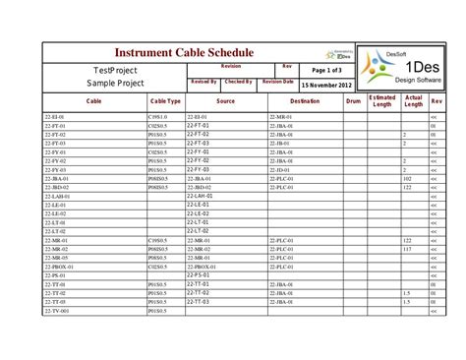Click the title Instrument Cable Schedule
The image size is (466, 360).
(x=184, y=52)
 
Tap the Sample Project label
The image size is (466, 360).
(x=115, y=85)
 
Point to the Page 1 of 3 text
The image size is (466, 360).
(x=321, y=71)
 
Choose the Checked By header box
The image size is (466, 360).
(x=238, y=82)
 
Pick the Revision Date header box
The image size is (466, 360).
(x=278, y=82)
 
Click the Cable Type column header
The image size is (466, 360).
(x=165, y=101)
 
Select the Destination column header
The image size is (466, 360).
(x=305, y=101)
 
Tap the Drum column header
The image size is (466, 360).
(x=354, y=101)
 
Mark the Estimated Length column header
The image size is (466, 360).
(x=382, y=101)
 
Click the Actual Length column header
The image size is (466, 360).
(x=413, y=101)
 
